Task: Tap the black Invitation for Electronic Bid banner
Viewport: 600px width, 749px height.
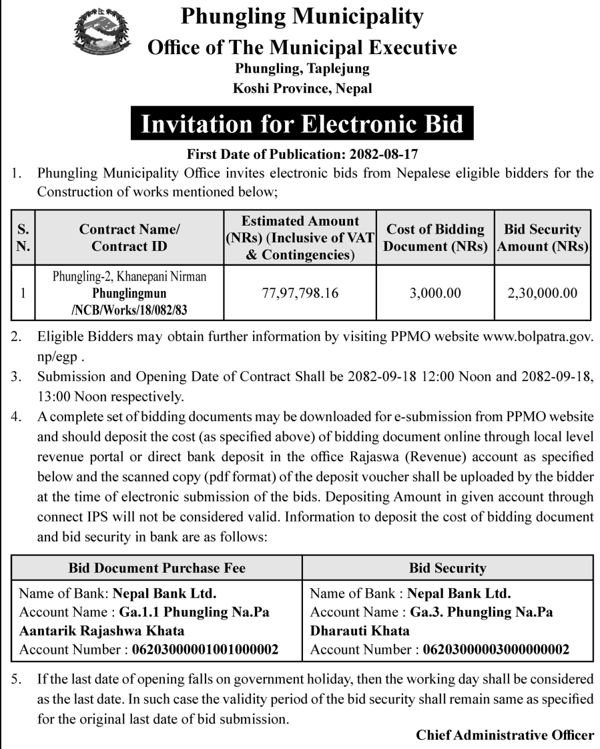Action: [302, 124]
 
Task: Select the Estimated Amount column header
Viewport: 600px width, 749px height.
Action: [300, 238]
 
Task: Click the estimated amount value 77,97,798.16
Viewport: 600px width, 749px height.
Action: [300, 293]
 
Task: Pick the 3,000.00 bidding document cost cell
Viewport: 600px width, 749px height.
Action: [435, 293]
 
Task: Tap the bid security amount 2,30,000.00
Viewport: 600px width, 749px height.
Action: [543, 293]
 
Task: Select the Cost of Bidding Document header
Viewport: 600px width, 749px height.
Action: [435, 238]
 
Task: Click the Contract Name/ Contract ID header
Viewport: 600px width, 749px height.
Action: [129, 238]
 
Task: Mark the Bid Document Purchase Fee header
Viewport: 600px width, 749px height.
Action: [157, 568]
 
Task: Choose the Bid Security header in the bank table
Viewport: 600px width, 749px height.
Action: [447, 568]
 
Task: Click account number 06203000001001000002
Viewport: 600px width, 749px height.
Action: [206, 650]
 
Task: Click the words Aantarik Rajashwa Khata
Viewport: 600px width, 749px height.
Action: [102, 631]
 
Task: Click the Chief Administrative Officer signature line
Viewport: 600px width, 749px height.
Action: [505, 735]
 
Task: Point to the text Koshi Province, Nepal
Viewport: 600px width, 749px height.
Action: [302, 88]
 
